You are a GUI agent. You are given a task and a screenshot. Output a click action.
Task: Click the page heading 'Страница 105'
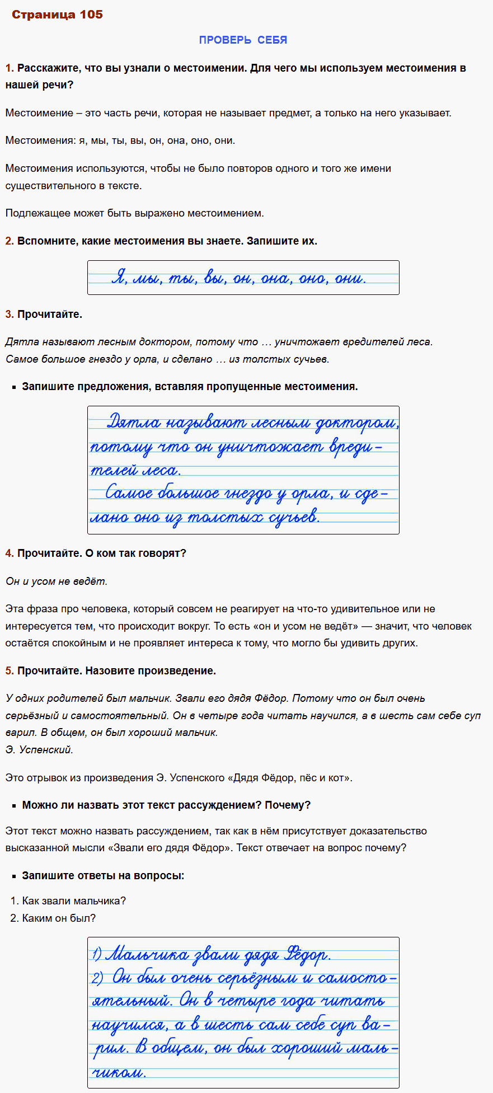tap(57, 15)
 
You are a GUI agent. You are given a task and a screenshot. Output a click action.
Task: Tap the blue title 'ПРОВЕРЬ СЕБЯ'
tap(243, 40)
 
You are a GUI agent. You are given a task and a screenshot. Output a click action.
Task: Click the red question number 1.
tap(9, 68)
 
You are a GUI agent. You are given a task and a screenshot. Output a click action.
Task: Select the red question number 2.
tap(9, 241)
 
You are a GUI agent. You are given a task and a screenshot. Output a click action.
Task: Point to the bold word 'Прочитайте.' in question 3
tap(50, 315)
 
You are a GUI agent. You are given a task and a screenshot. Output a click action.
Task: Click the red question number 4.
tap(9, 553)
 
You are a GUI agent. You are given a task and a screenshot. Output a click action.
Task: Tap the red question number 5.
tap(9, 671)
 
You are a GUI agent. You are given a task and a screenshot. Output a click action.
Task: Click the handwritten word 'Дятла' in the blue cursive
tap(133, 423)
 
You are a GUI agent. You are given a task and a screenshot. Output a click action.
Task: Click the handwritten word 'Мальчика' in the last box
tap(147, 955)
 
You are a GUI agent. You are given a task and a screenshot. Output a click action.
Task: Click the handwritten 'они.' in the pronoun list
tap(350, 278)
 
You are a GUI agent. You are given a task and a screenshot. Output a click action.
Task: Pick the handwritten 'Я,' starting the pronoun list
tap(119, 278)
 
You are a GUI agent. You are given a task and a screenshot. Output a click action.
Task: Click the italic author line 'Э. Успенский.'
tap(39, 750)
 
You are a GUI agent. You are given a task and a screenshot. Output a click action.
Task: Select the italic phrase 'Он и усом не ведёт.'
tap(57, 581)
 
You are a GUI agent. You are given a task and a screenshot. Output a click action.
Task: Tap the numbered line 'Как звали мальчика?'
tap(74, 901)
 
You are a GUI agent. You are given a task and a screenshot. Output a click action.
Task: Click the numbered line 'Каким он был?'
tap(59, 918)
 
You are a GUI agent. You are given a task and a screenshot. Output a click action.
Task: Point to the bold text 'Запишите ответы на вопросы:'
tap(103, 876)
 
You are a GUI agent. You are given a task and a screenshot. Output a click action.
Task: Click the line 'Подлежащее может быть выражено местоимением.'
tap(134, 213)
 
